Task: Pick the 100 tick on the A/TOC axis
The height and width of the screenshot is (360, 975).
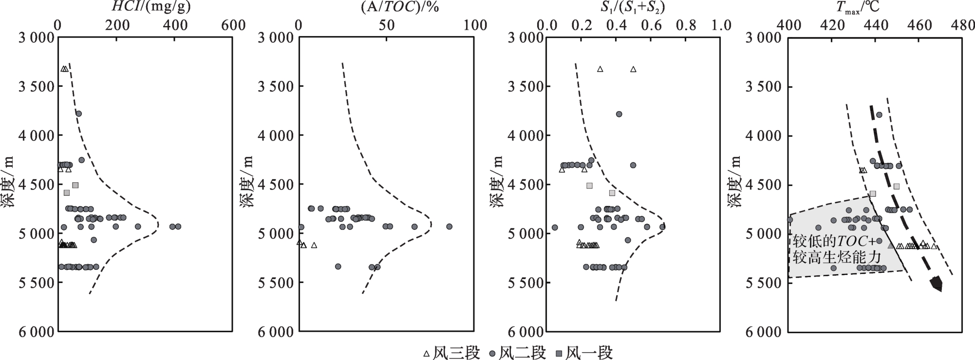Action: (474, 25)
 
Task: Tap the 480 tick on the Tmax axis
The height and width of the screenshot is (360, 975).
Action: (961, 25)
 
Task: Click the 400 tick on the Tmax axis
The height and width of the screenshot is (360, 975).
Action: (789, 25)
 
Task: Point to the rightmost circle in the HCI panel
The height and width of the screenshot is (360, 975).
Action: (178, 227)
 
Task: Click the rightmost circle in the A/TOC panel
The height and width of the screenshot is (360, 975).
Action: (449, 227)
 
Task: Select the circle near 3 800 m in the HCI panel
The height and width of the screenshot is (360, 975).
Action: (78, 114)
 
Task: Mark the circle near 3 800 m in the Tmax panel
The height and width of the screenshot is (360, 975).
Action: (879, 115)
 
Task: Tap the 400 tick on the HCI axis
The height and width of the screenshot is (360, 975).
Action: (174, 25)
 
